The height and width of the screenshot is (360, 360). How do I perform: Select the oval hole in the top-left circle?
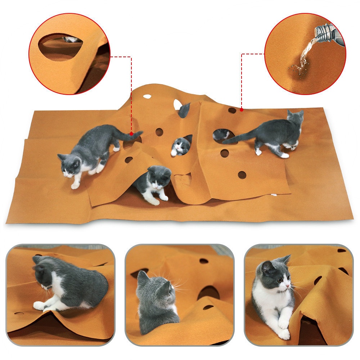coord(61,47)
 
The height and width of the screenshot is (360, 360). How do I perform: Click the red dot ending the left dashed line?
coord(131,134)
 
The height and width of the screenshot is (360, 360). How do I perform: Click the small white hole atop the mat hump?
coord(147,96)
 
